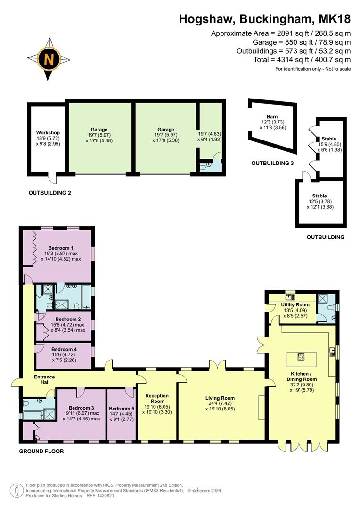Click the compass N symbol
pos(49,59)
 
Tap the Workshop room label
pos(48,133)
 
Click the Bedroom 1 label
pos(61,248)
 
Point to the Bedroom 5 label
pos(122,408)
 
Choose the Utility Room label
pos(295,305)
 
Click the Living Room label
pos(220,398)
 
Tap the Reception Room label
pos(157,398)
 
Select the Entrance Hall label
pos(44,380)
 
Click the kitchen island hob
pos(302,356)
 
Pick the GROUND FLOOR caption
pos(41,451)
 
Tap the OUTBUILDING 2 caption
pos(50,193)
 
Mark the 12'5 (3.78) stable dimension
pos(319,202)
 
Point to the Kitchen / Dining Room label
pos(302,376)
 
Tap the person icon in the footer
pos(17,490)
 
